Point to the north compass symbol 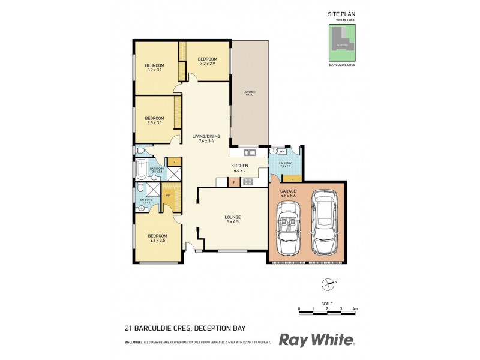[x=328, y=282]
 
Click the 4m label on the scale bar [x=355, y=308]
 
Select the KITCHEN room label [x=240, y=168]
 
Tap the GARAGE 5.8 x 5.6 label [x=288, y=193]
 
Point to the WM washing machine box [x=282, y=152]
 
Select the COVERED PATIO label [x=250, y=92]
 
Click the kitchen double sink [x=248, y=153]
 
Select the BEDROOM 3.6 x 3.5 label [x=157, y=238]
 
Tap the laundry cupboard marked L [x=292, y=178]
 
